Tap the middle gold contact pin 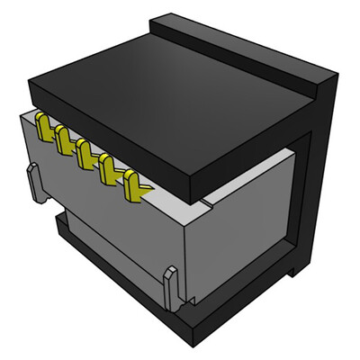[x=87, y=154]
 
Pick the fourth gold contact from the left [x=110, y=168]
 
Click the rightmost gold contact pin [x=135, y=184]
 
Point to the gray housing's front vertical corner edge [x=183, y=261]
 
